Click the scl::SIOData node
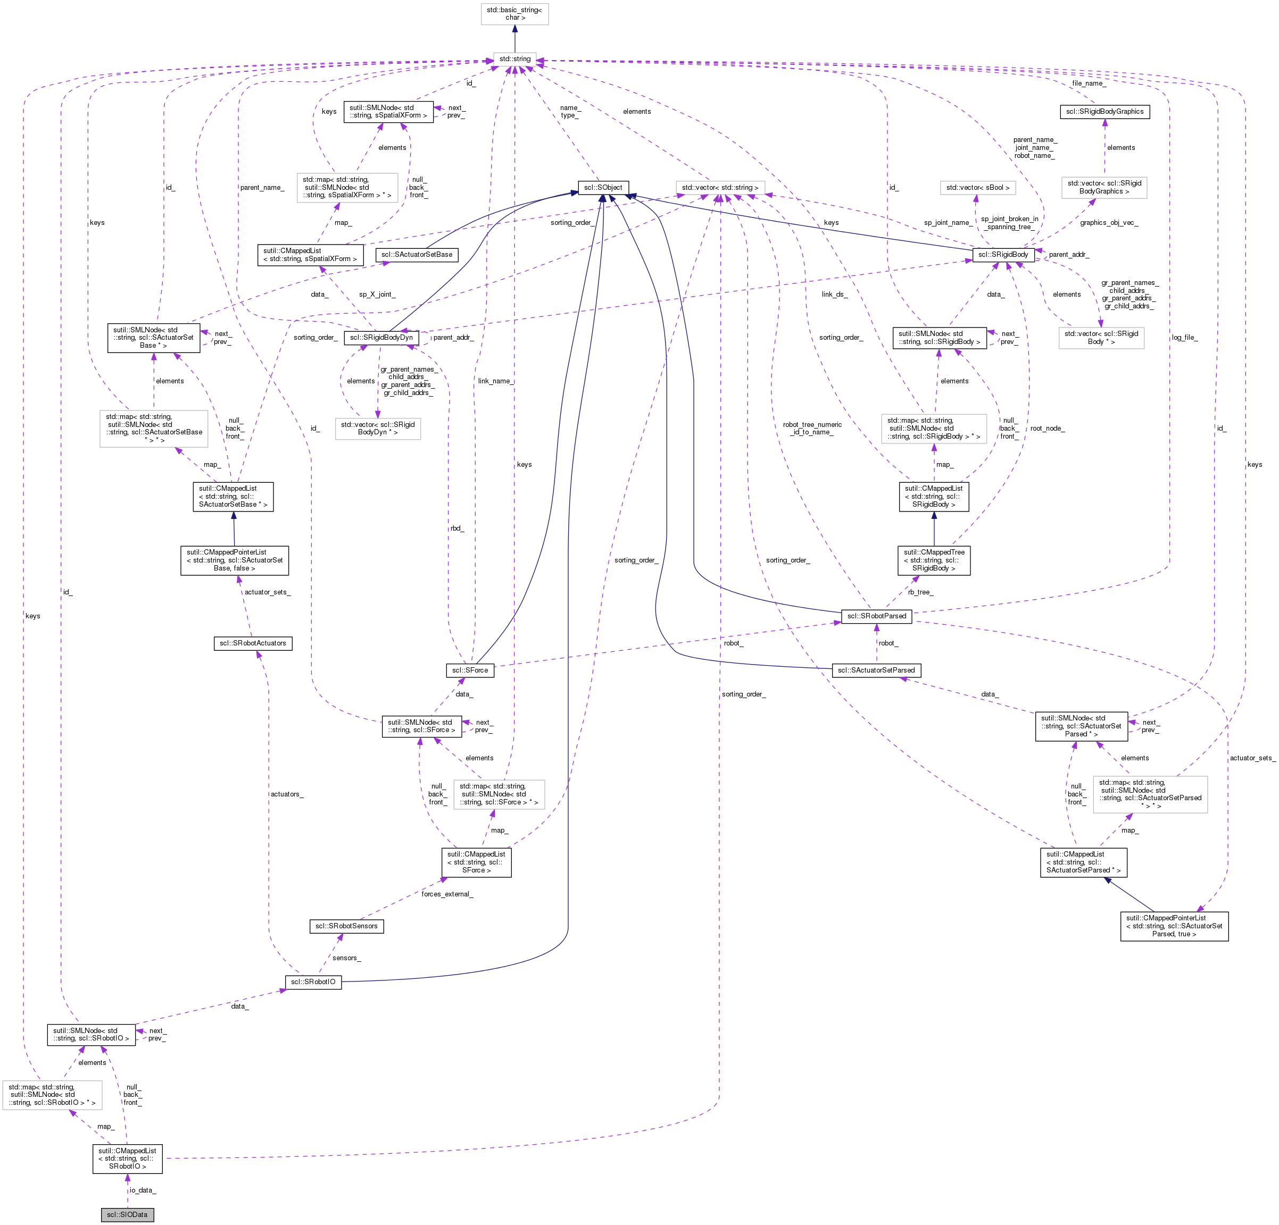pyautogui.click(x=127, y=1214)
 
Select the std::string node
pyautogui.click(x=514, y=58)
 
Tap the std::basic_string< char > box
pyautogui.click(x=514, y=14)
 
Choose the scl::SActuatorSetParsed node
pyautogui.click(x=876, y=670)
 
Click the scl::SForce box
pyautogui.click(x=470, y=670)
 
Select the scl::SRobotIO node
pyautogui.click(x=313, y=981)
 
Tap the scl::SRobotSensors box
pyautogui.click(x=346, y=926)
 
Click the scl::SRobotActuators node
pyautogui.click(x=253, y=643)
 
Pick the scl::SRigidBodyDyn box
pyautogui.click(x=381, y=337)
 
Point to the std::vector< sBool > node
pyautogui.click(x=977, y=187)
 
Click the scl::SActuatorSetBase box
pyautogui.click(x=417, y=254)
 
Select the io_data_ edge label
pyautogui.click(x=142, y=1190)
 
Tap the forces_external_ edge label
pyautogui.click(x=446, y=894)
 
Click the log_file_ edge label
pyautogui.click(x=1184, y=337)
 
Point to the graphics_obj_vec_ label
pyautogui.click(x=1109, y=222)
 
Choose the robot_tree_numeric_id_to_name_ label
pyautogui.click(x=812, y=428)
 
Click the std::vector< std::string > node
pyautogui.click(x=720, y=187)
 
